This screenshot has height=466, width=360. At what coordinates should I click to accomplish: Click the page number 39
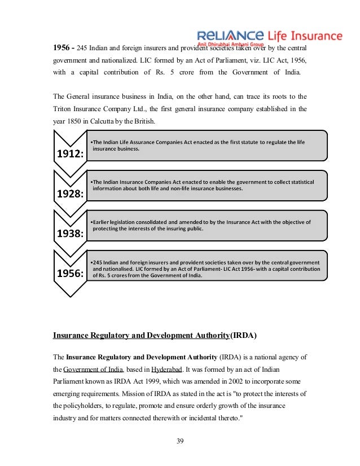[180, 441]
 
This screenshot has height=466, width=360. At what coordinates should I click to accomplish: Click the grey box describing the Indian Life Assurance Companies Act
[206, 146]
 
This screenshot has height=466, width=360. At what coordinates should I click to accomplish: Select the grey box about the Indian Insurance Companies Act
[206, 186]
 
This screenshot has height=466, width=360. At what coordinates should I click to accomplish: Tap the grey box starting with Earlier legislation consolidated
[206, 226]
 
